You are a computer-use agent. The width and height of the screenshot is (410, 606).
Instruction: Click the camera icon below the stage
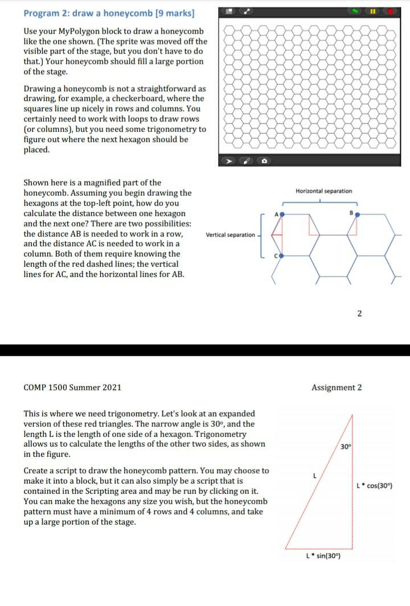pos(265,162)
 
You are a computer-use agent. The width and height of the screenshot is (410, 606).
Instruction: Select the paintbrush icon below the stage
pos(246,162)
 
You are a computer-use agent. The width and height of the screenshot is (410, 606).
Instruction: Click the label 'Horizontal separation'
pos(323,191)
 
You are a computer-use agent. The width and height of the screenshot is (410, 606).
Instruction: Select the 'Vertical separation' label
pos(230,235)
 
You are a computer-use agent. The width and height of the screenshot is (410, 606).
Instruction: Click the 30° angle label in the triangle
pos(345,446)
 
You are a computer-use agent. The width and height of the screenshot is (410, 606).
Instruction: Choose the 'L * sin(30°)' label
pos(322,555)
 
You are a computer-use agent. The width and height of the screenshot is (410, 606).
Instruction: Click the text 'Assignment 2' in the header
pos(336,387)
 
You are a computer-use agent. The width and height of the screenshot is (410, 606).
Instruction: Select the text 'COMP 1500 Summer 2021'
pos(72,387)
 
